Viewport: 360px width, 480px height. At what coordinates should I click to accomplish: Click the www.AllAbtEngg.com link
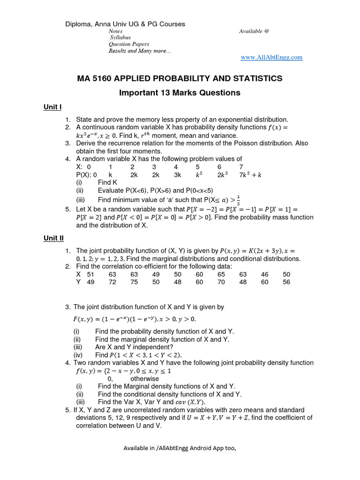[x=271, y=57]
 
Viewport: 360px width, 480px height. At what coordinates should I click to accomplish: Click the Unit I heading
[x=52, y=107]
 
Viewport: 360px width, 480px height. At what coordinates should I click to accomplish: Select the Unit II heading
[x=53, y=238]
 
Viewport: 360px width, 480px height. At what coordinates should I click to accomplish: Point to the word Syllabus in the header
[x=120, y=37]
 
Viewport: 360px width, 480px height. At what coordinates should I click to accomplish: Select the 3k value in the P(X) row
[x=177, y=174]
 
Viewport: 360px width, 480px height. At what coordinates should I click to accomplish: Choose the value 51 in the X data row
[x=91, y=274]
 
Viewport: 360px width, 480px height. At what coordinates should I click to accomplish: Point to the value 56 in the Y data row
[x=286, y=282]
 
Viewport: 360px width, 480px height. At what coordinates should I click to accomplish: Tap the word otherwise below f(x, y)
[x=144, y=378]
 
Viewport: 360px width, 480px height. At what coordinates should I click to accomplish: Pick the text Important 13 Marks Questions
[x=180, y=92]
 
